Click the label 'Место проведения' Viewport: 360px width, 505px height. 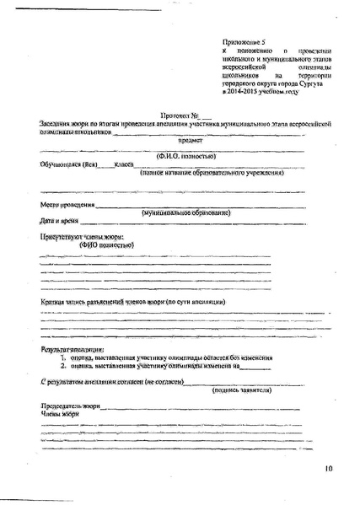click(67, 205)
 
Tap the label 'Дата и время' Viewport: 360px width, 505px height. click(59, 220)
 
